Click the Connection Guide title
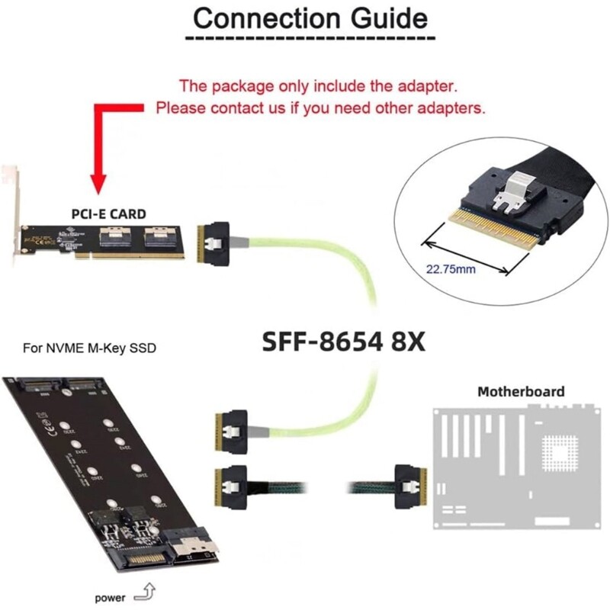coord(310,18)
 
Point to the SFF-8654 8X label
coord(344,340)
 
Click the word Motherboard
coord(521,391)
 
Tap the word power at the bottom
coord(110,598)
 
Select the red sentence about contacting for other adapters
coord(320,108)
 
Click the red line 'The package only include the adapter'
coord(318,85)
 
